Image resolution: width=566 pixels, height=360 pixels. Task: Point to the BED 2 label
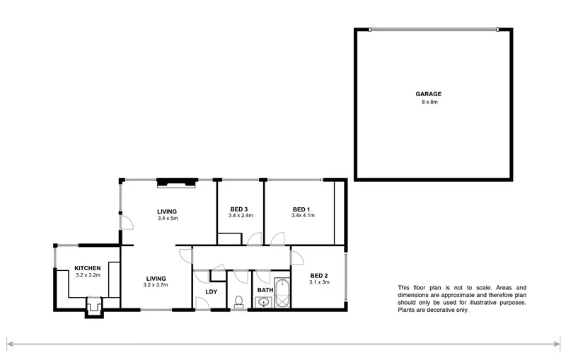(319, 275)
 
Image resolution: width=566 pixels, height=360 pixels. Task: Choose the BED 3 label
(239, 209)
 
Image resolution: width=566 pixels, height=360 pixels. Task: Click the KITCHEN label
(88, 268)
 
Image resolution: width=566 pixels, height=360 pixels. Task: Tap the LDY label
(211, 291)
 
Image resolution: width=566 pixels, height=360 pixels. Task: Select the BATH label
(265, 291)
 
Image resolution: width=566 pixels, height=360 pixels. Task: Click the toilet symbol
(238, 303)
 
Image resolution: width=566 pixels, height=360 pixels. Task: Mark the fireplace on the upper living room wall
(175, 182)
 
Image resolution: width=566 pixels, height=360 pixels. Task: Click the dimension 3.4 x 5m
(168, 219)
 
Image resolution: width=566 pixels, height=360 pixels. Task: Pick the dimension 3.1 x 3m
(319, 282)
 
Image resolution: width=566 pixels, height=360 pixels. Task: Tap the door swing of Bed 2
(296, 255)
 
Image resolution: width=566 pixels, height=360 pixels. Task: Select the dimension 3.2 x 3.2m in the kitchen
(88, 275)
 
